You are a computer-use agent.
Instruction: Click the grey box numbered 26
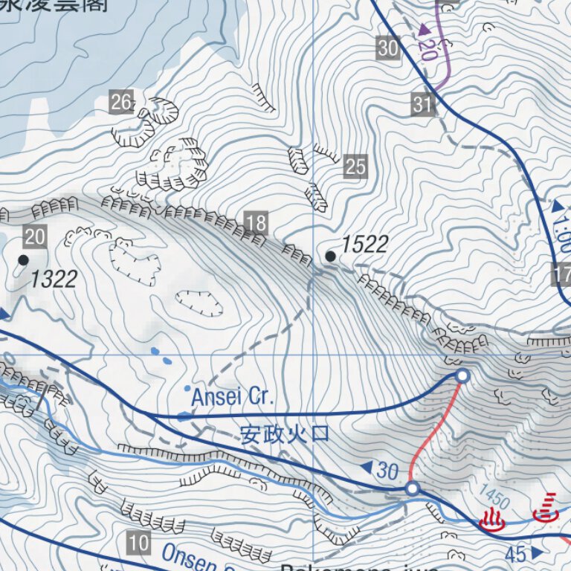(x=121, y=102)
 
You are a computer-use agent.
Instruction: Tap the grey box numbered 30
(x=387, y=49)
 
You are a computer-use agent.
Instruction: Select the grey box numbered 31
(x=422, y=104)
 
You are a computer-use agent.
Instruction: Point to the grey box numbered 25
(x=356, y=167)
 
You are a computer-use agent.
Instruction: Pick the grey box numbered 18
(x=255, y=222)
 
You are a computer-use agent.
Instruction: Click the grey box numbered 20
(x=35, y=237)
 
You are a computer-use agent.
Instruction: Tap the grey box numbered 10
(x=138, y=543)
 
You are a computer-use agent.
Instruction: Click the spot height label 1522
(x=365, y=244)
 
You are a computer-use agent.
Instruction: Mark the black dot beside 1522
(x=331, y=257)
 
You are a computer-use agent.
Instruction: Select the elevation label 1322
(x=54, y=280)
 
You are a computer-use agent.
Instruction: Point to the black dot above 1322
(x=23, y=259)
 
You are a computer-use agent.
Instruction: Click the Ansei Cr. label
(x=233, y=398)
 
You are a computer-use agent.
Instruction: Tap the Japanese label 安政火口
(x=285, y=433)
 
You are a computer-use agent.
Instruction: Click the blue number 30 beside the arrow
(x=387, y=470)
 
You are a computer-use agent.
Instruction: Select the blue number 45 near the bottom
(x=515, y=554)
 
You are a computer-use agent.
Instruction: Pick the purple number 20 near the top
(x=427, y=49)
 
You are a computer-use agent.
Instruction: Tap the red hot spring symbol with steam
(x=492, y=520)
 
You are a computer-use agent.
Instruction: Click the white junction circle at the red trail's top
(x=462, y=376)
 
